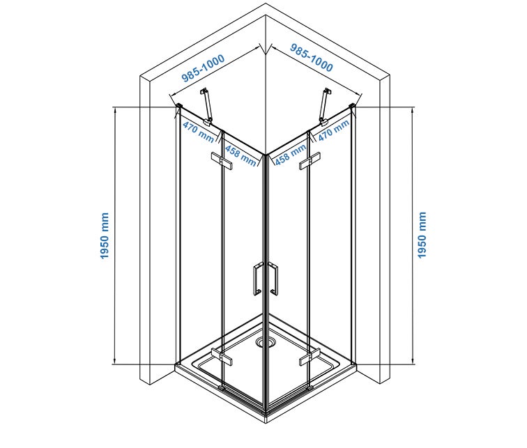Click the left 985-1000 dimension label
tap(203, 68)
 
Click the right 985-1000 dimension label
tap(312, 58)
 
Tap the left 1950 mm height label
tap(105, 235)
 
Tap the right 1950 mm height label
tap(422, 235)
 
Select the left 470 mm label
tap(199, 132)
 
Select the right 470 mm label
tap(334, 130)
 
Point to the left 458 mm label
tap(240, 155)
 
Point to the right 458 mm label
tap(291, 155)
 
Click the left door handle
tap(257, 279)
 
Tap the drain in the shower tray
tap(266, 342)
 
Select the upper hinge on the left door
tap(222, 161)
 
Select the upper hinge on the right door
tap(310, 161)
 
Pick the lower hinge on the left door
tap(222, 357)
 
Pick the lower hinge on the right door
tap(310, 357)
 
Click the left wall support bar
tap(206, 107)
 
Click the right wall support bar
tap(325, 107)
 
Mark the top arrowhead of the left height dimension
tap(115, 109)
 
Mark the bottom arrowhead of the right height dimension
tap(413, 362)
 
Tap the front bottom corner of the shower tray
tap(266, 423)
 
